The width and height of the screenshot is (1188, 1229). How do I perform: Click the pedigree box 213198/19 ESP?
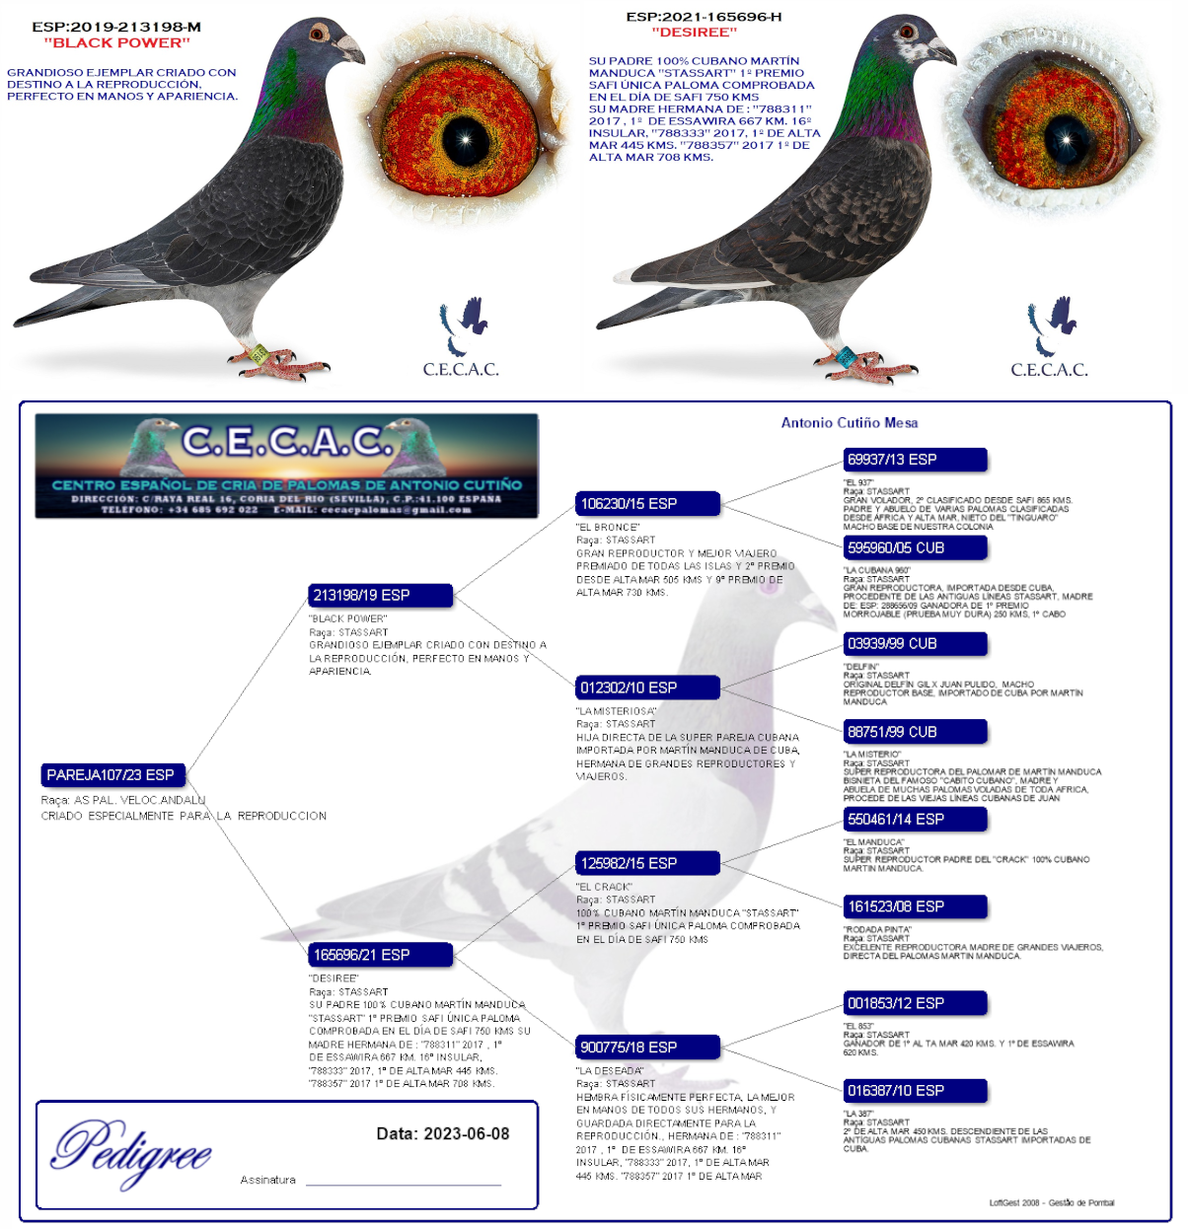click(x=381, y=595)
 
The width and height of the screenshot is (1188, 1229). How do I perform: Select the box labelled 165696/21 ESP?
click(x=381, y=955)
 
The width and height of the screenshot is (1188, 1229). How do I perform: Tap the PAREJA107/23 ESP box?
click(x=113, y=775)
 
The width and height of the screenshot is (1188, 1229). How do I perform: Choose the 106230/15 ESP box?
click(x=648, y=504)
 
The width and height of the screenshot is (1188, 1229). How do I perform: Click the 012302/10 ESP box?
click(x=648, y=687)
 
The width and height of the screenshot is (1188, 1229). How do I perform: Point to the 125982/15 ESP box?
click(x=648, y=863)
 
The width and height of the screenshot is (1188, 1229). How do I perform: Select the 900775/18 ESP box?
click(x=648, y=1047)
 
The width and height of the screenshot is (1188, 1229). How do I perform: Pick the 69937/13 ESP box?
click(x=915, y=460)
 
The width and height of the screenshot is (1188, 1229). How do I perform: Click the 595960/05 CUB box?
click(x=915, y=547)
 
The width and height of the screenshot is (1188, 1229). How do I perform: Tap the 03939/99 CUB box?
click(x=915, y=644)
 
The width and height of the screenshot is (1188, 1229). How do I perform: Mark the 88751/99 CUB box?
click(x=915, y=732)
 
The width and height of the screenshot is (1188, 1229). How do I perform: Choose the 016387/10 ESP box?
click(x=915, y=1091)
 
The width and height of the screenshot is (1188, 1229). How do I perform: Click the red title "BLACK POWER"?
click(x=116, y=42)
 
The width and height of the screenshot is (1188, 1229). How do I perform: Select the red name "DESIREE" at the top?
click(x=694, y=33)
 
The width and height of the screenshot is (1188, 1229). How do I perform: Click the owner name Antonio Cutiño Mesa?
click(x=850, y=423)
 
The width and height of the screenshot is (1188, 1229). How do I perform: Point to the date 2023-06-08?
click(x=466, y=1134)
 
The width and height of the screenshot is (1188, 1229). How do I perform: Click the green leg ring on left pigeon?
click(x=259, y=352)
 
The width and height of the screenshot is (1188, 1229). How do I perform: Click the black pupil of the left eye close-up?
click(x=465, y=141)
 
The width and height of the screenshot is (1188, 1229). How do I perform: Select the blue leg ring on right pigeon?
click(x=847, y=356)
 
